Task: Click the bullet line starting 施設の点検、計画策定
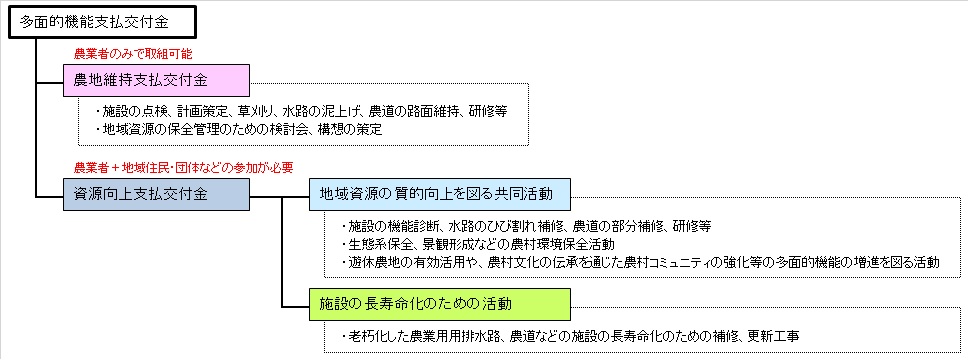point(308,111)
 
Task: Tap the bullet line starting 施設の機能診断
point(524,226)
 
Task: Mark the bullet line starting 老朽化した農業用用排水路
point(570,335)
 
